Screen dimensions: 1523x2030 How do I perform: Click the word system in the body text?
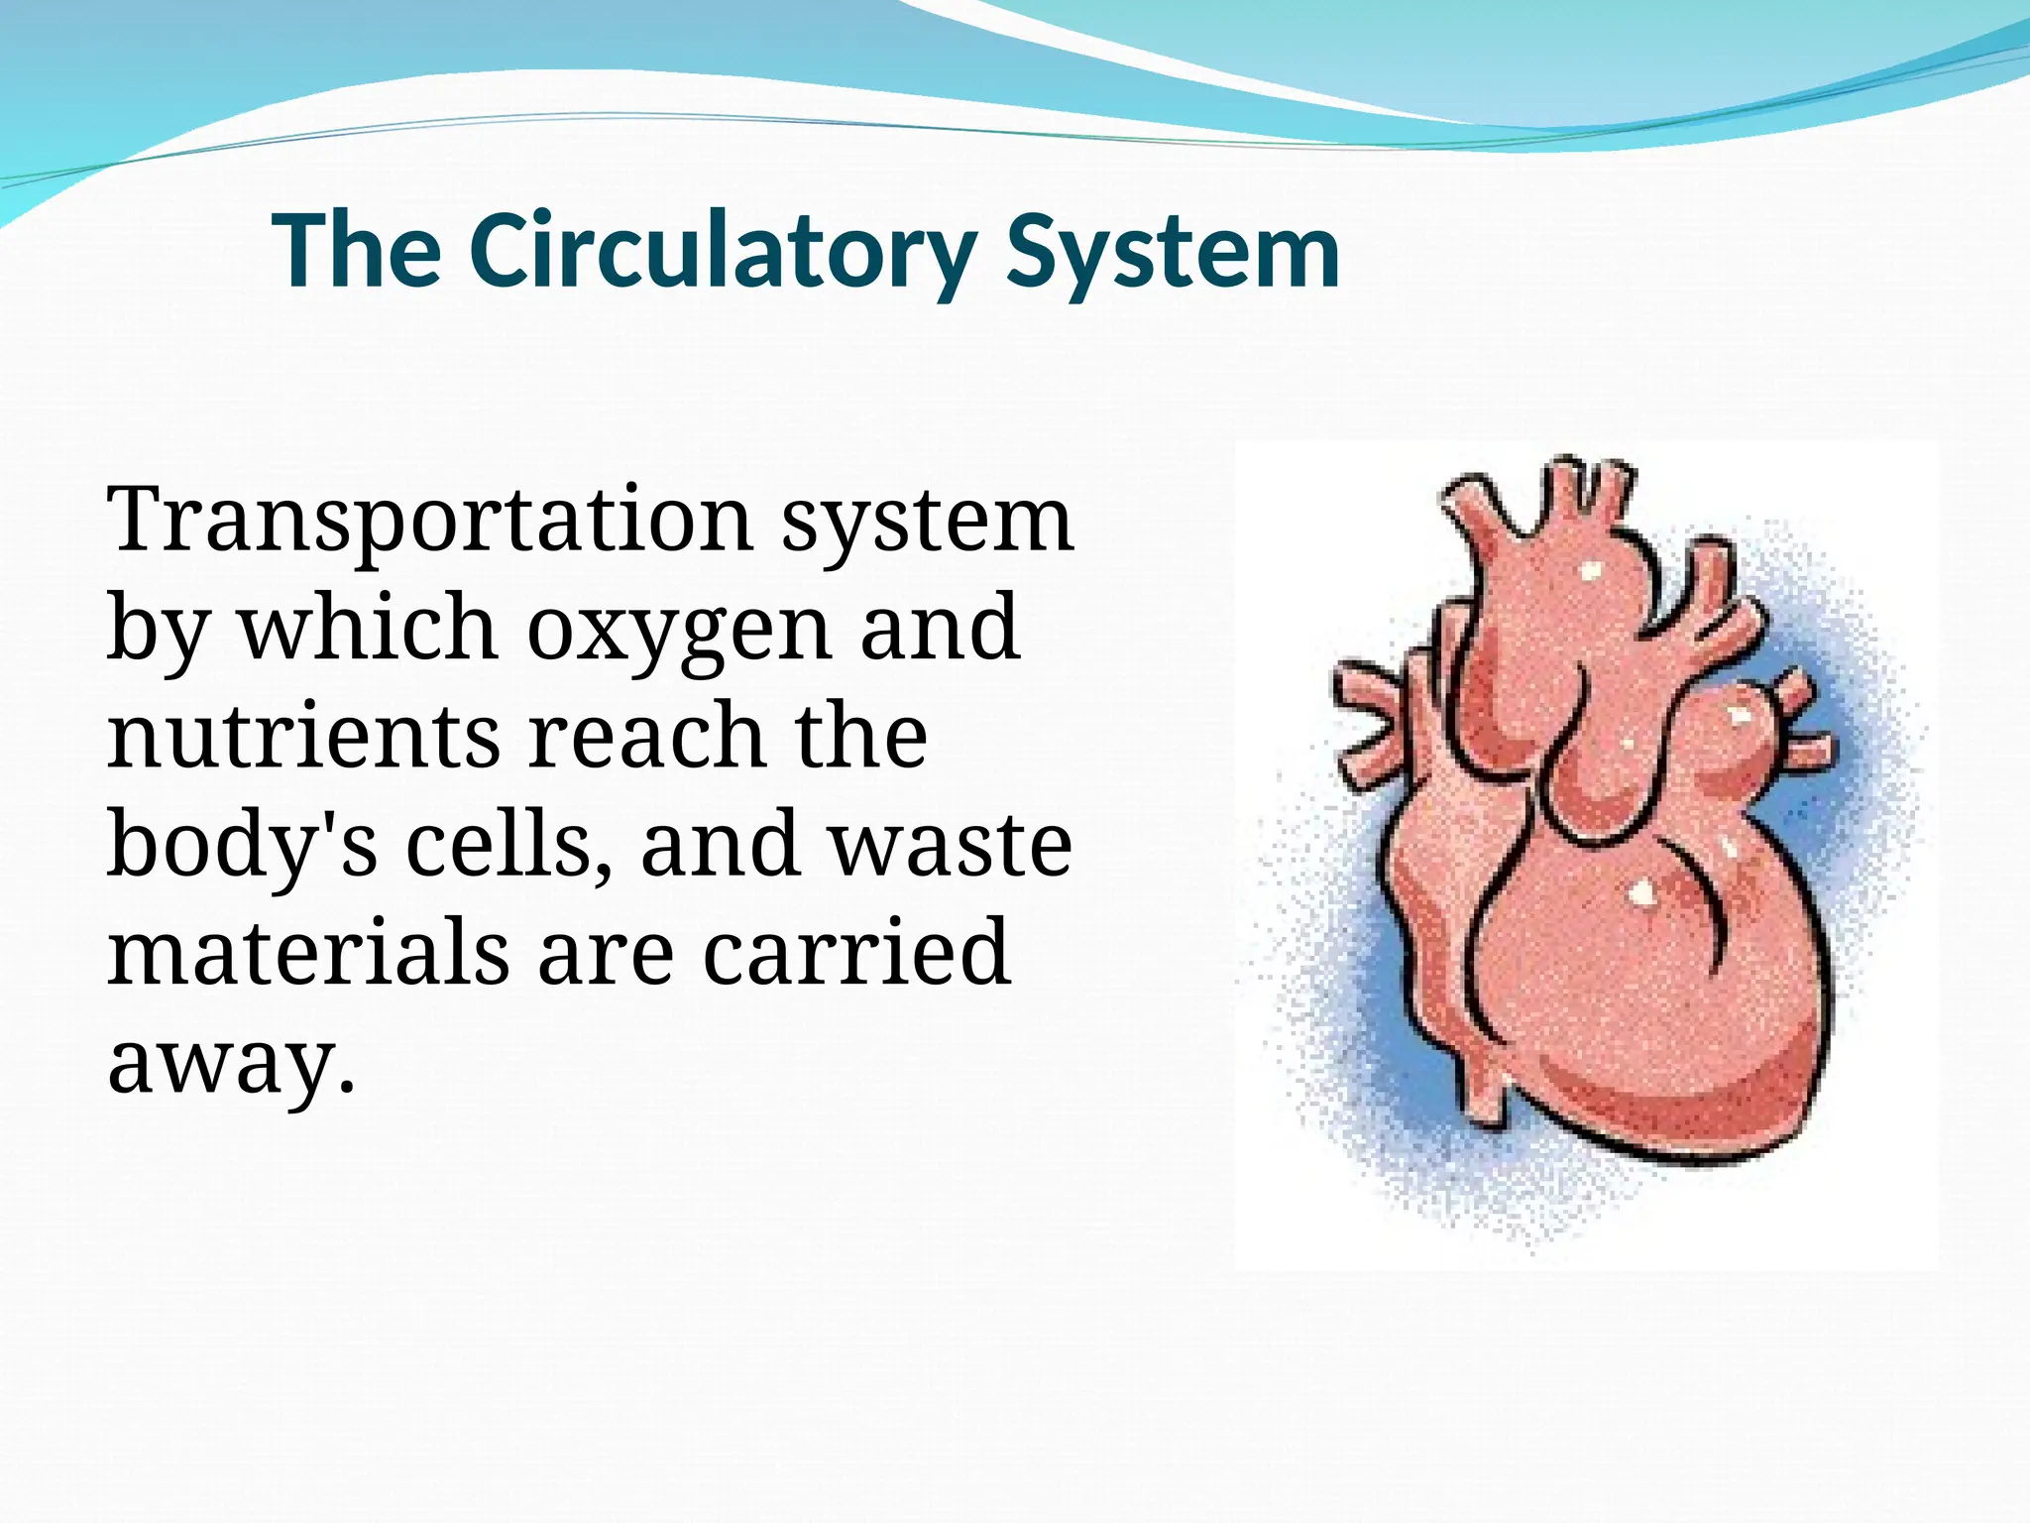click(927, 522)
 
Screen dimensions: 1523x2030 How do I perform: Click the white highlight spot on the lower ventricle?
click(1641, 891)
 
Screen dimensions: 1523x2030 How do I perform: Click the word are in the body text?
click(606, 954)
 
